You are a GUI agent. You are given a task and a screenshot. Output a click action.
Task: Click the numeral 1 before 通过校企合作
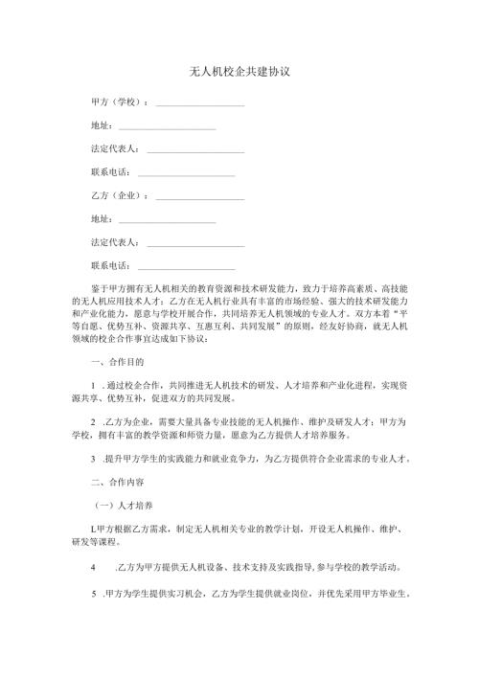coord(92,385)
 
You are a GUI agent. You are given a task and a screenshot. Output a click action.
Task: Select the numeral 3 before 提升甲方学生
coord(92,458)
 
